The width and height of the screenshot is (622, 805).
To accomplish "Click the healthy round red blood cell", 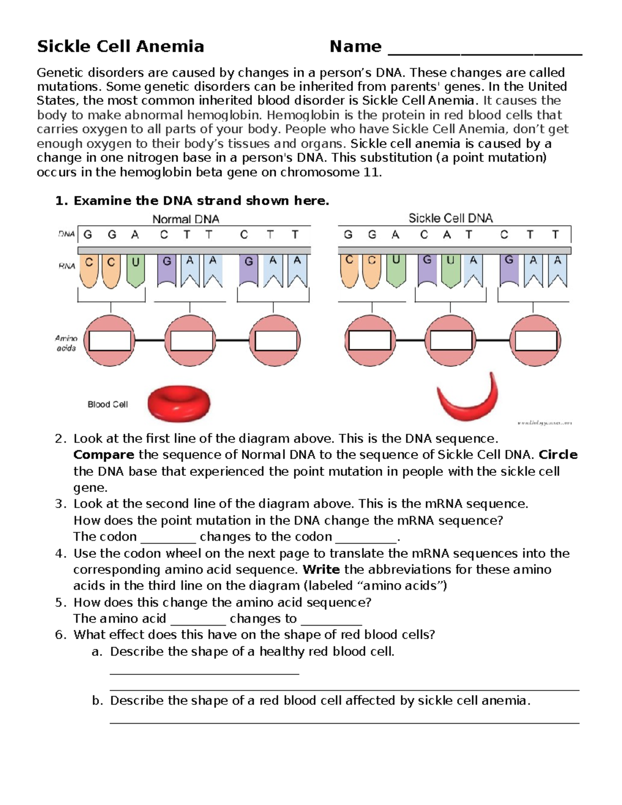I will coord(179,403).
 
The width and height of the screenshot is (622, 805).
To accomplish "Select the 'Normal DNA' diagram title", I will coord(186,219).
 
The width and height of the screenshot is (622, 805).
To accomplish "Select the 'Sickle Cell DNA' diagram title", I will coord(450,218).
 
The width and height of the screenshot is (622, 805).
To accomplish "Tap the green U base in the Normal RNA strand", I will coord(135,270).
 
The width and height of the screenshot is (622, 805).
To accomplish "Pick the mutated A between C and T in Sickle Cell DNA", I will coord(447,235).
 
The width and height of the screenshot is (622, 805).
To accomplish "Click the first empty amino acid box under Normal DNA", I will coord(109,341).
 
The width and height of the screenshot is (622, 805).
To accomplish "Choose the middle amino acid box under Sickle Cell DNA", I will coord(451,341).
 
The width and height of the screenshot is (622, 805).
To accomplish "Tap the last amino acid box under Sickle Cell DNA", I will coord(535,341).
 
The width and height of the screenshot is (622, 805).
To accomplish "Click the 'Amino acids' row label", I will coord(66,343).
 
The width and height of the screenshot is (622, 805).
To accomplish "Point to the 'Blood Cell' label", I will coord(107,404).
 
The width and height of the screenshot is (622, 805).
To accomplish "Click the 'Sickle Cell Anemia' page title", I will coord(120,47).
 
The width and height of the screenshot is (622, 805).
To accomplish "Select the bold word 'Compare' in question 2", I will coord(104,455).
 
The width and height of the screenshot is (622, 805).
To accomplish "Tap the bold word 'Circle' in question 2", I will coord(558,455).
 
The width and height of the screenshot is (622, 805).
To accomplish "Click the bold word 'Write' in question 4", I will coord(321,569).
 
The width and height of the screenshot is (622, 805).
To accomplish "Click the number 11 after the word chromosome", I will coord(372,172).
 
